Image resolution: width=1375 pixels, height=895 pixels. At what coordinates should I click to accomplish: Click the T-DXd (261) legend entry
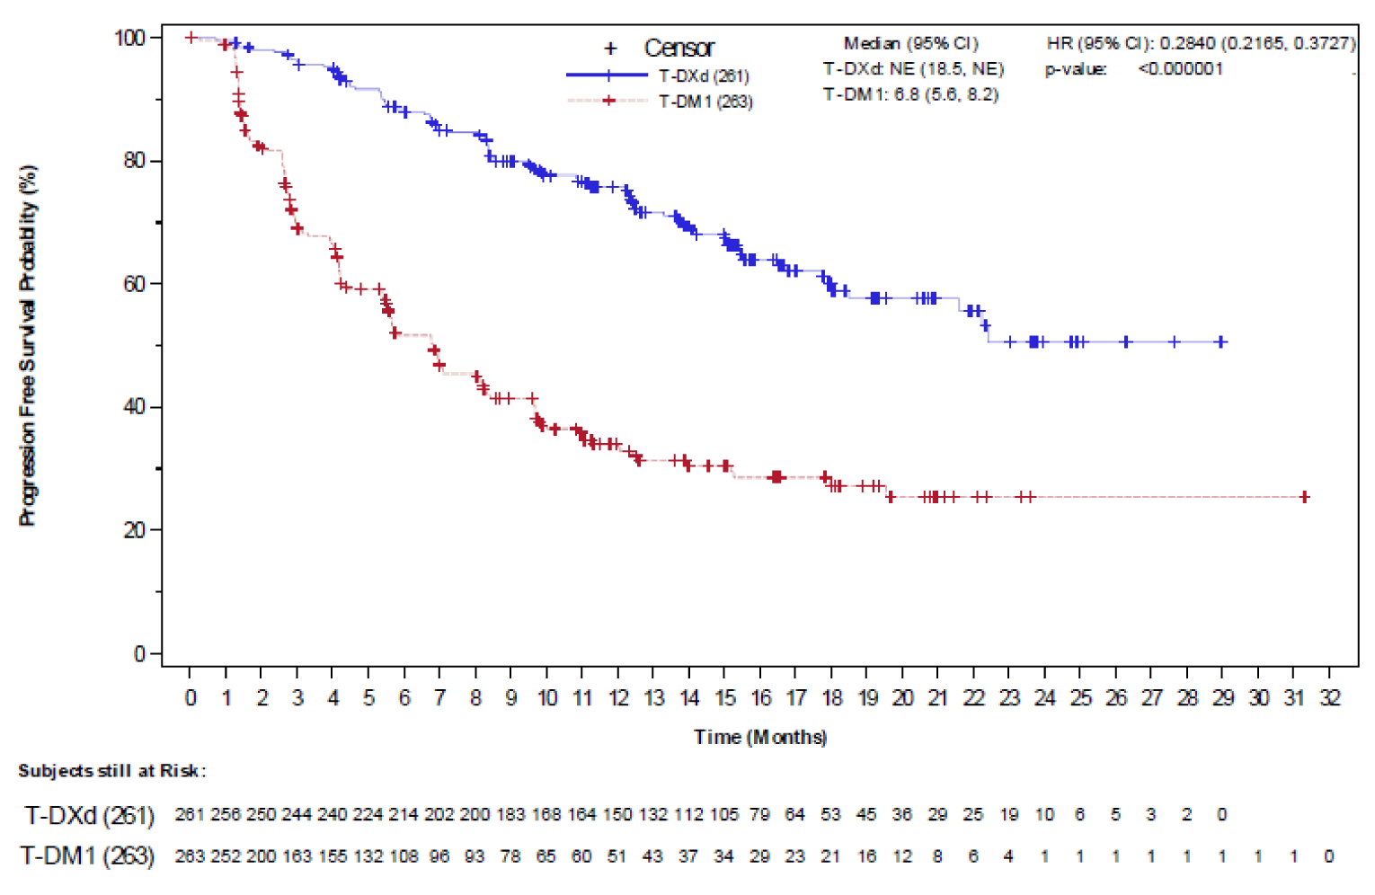pyautogui.click(x=703, y=76)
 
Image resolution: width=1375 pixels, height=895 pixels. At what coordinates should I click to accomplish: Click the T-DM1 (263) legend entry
pyautogui.click(x=705, y=102)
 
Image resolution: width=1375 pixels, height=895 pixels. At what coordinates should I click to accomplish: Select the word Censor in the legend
pyautogui.click(x=679, y=49)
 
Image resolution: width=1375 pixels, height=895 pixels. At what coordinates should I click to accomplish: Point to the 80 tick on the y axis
pyautogui.click(x=136, y=161)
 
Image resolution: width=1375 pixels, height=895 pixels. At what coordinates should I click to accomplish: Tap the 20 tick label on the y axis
pyautogui.click(x=136, y=530)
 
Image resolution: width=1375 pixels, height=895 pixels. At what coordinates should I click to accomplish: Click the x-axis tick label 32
pyautogui.click(x=1329, y=698)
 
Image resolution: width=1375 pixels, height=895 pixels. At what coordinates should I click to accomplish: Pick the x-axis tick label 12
pyautogui.click(x=618, y=698)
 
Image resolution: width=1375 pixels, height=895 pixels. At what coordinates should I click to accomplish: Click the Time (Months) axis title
pyautogui.click(x=760, y=737)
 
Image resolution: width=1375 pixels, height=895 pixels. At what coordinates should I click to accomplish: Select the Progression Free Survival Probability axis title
pyautogui.click(x=28, y=346)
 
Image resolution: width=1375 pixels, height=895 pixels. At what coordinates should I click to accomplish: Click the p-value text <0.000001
pyautogui.click(x=1180, y=69)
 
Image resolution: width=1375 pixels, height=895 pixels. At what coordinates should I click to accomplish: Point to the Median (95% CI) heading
pyautogui.click(x=910, y=43)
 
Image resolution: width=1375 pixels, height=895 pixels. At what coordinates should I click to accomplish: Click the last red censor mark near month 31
pyautogui.click(x=1304, y=497)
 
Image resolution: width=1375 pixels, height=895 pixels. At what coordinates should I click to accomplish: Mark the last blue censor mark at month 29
pyautogui.click(x=1220, y=342)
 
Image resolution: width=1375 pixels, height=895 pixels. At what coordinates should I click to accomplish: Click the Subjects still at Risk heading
pyautogui.click(x=112, y=771)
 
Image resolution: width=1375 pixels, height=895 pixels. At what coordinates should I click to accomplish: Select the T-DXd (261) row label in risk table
pyautogui.click(x=89, y=815)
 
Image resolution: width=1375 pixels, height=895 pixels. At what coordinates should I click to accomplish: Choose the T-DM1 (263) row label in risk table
pyautogui.click(x=87, y=856)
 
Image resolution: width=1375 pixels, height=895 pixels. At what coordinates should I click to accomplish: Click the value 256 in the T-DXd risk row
pyautogui.click(x=226, y=815)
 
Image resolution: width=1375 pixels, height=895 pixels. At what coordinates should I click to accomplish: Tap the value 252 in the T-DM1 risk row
pyautogui.click(x=226, y=856)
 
